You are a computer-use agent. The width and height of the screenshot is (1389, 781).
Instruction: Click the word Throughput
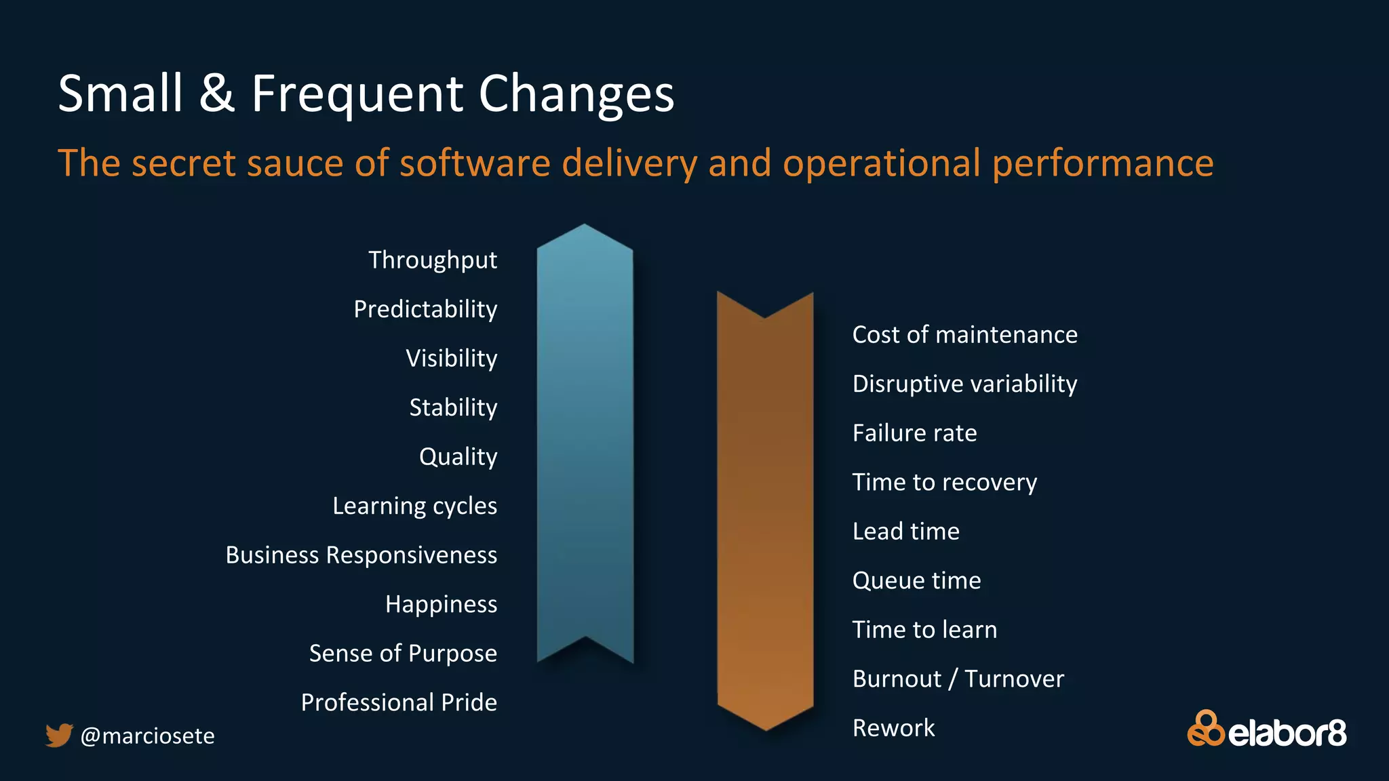tap(433, 260)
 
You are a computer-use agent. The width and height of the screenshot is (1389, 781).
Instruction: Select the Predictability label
tap(425, 309)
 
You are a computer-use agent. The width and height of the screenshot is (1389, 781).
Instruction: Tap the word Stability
tap(453, 407)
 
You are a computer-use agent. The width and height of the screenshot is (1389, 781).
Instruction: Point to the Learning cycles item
tap(414, 506)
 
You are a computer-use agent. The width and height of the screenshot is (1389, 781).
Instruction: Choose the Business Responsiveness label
tap(361, 555)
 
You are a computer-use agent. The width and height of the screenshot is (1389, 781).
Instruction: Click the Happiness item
tap(441, 604)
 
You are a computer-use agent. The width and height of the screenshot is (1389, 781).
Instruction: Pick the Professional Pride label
tap(399, 702)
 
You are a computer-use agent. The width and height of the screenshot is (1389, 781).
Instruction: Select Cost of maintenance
tap(964, 335)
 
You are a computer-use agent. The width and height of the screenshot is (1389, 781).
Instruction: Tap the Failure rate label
tap(914, 433)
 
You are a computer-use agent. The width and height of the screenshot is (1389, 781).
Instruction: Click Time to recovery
tap(944, 482)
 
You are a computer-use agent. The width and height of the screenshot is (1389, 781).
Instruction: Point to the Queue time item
tap(916, 580)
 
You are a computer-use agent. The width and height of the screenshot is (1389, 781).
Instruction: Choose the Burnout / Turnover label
tap(958, 679)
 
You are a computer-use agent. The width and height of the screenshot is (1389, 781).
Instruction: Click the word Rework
tap(893, 728)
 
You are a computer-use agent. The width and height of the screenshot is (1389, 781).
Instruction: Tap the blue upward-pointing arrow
tap(585, 441)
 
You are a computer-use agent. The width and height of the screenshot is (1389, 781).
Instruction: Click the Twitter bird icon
tap(59, 735)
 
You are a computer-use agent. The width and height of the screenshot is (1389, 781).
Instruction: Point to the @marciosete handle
tap(147, 736)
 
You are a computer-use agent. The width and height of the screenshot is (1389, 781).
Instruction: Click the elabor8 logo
tap(1266, 729)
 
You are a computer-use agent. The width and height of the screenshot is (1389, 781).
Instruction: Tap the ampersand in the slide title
tap(217, 94)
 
